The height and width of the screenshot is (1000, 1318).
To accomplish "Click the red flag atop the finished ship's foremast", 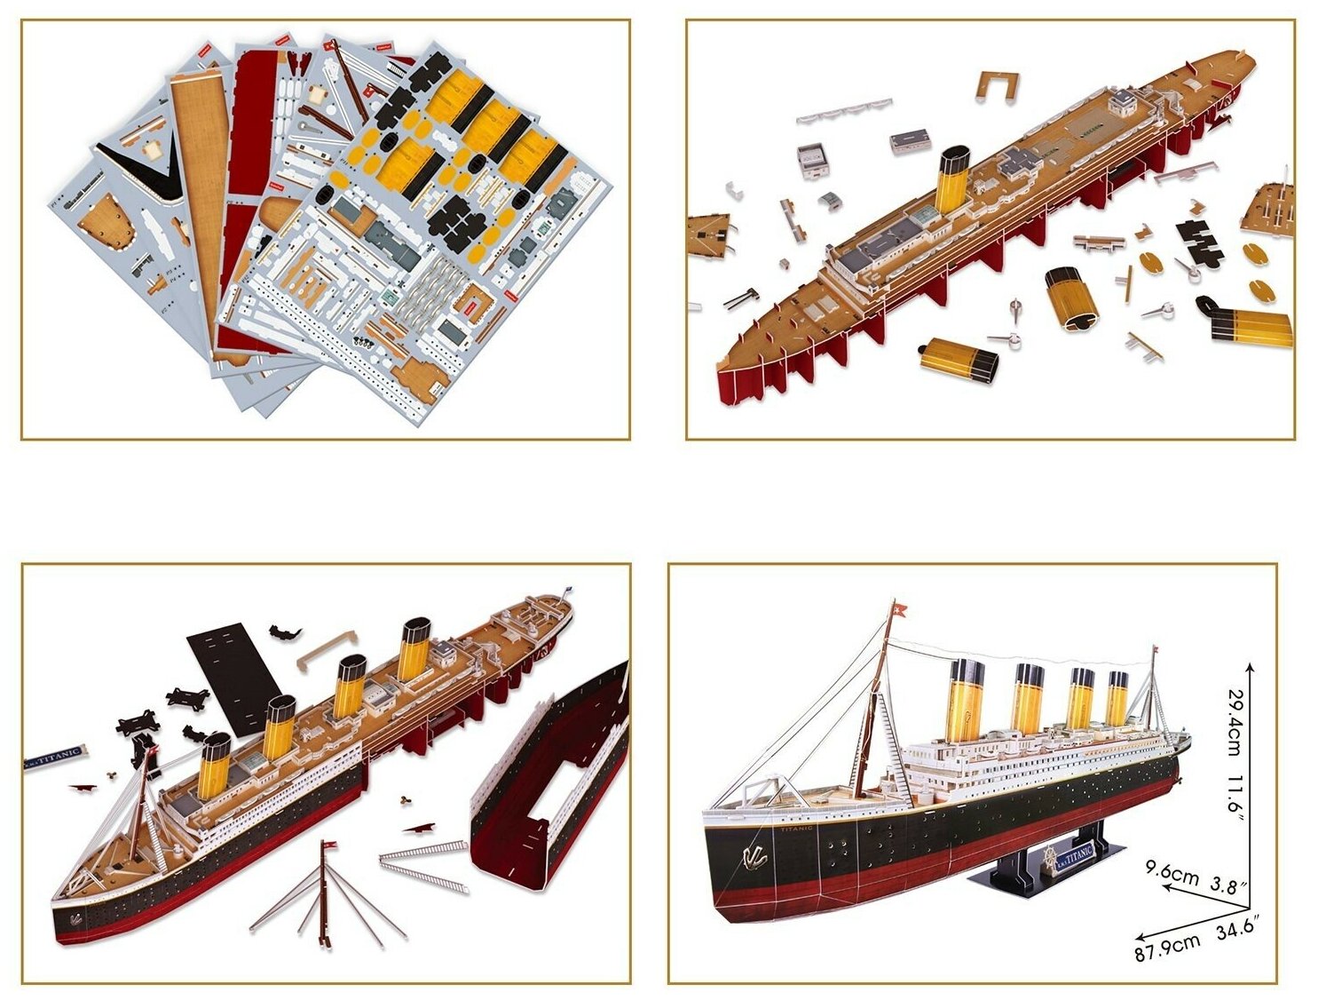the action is tap(902, 609).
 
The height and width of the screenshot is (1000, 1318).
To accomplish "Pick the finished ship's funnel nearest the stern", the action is tap(1117, 697).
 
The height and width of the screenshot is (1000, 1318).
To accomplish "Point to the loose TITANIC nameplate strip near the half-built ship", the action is tap(55, 758).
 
